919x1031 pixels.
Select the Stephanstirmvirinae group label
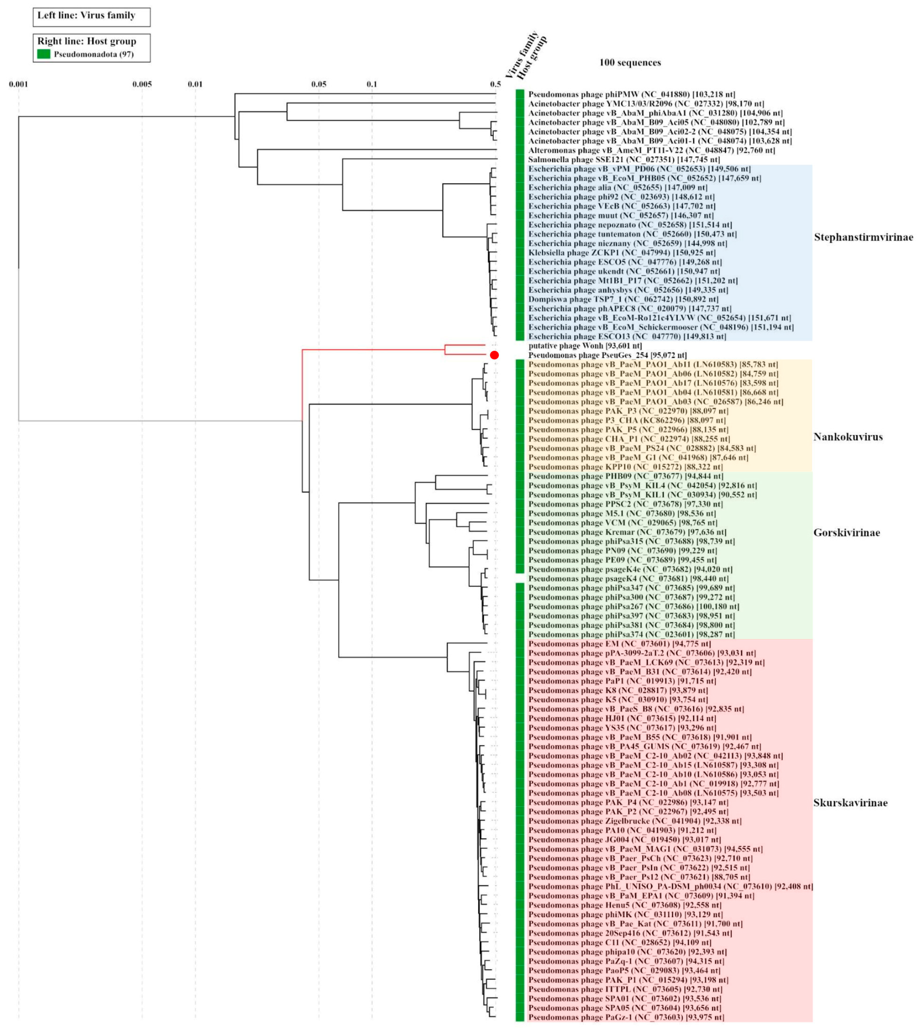tap(863, 237)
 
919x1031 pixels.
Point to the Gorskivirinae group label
tap(846, 533)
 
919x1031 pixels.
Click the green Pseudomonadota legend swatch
tap(44, 54)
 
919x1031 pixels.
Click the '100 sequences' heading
tap(630, 63)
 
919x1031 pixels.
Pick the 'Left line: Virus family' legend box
tap(91, 17)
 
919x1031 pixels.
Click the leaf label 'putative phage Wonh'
tap(585, 346)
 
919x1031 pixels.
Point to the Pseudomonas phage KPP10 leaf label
tap(625, 467)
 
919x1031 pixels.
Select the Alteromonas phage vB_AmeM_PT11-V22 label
tap(651, 150)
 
